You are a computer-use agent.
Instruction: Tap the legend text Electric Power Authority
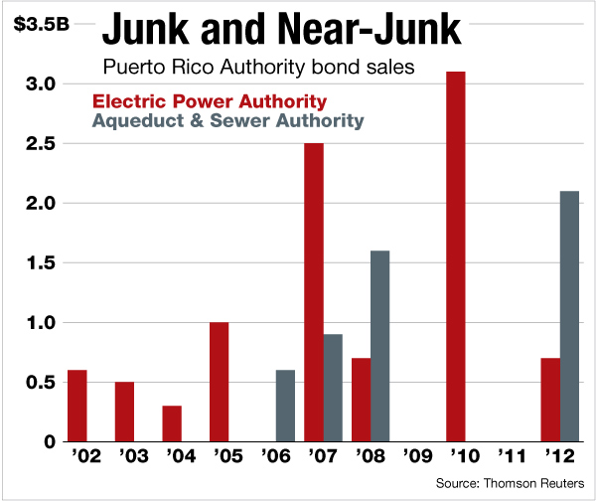210,101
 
